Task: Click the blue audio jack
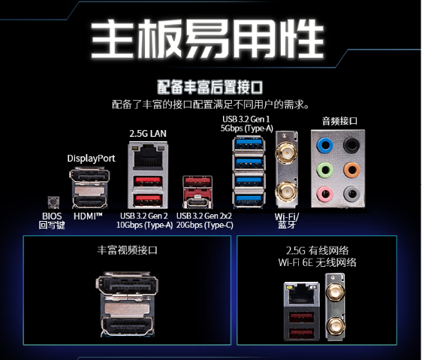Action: [x=325, y=146]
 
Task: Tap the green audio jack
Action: [x=325, y=170]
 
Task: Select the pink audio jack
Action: [x=325, y=193]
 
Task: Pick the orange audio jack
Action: [x=351, y=170]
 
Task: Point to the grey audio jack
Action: [x=351, y=193]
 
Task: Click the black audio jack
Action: [x=351, y=146]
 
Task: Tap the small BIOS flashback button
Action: [x=53, y=202]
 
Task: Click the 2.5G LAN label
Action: [x=148, y=133]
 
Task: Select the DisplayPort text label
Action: [x=91, y=158]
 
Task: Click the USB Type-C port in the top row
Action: [x=197, y=202]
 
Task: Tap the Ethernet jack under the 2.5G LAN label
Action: [x=148, y=157]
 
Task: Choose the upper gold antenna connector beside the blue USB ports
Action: [x=286, y=154]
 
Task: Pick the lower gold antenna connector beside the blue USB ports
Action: [x=286, y=192]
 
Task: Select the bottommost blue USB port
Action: [x=248, y=200]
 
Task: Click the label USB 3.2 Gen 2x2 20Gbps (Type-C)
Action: [x=204, y=220]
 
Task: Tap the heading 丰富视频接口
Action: [x=127, y=250]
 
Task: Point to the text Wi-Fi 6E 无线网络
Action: [x=317, y=262]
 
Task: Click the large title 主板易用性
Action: [x=207, y=39]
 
